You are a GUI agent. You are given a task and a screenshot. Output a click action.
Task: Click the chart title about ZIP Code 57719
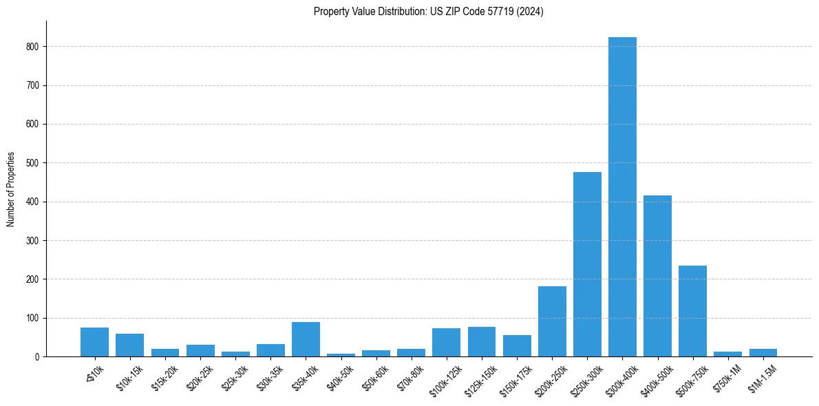[x=428, y=12]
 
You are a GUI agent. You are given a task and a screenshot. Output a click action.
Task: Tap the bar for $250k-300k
[x=587, y=264]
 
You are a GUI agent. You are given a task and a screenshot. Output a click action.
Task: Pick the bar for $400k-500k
[x=657, y=276]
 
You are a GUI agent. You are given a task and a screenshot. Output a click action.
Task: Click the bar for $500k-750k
[x=692, y=311]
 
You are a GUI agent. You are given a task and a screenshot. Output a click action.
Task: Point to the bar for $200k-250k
[x=552, y=321]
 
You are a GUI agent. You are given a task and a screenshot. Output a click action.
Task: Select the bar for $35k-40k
[x=306, y=339]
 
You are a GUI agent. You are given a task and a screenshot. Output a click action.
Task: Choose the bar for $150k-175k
[x=517, y=346]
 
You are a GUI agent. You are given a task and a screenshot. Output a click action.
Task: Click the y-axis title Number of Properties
[x=11, y=189]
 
